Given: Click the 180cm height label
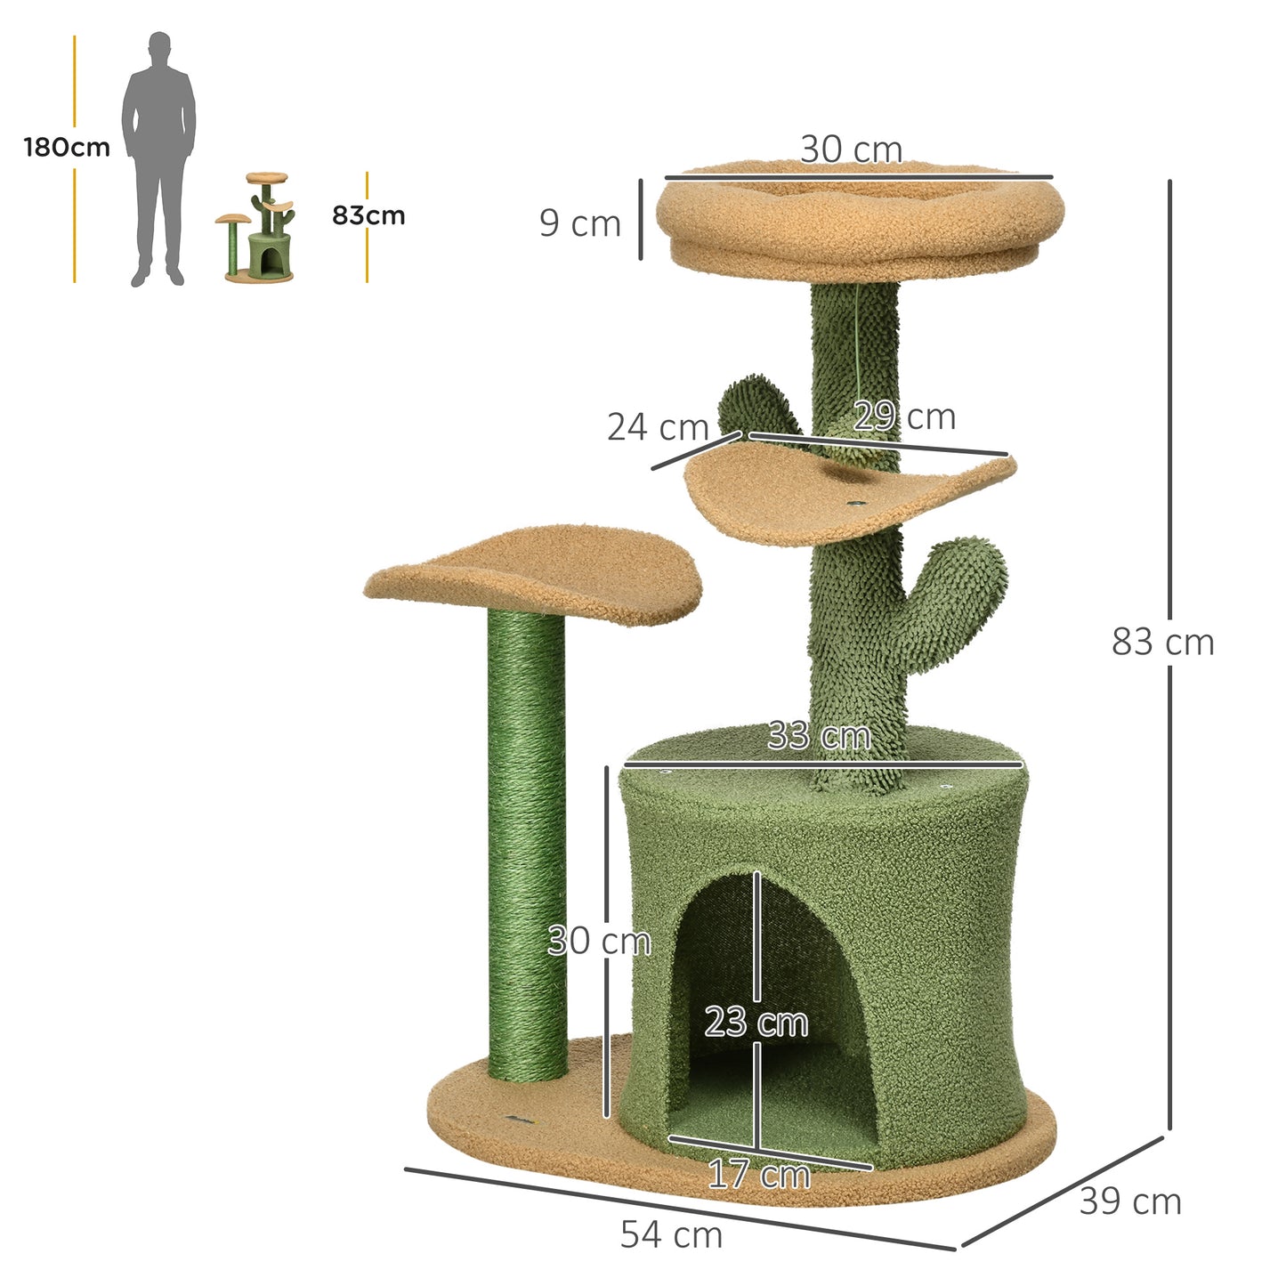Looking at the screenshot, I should (67, 147).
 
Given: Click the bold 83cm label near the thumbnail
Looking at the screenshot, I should (368, 215).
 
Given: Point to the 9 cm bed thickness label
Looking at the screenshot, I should (580, 223).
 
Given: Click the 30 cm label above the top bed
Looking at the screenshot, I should (851, 150).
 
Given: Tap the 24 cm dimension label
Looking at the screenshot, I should (657, 427).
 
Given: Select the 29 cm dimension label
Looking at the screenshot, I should (904, 416).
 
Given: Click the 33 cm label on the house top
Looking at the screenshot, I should (819, 736).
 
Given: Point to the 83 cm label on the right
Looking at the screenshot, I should (1162, 642).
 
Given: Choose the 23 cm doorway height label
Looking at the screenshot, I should (756, 1022).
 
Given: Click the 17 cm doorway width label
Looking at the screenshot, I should (759, 1175).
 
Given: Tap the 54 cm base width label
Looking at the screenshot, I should (671, 1234).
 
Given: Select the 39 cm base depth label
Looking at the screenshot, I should (1130, 1201).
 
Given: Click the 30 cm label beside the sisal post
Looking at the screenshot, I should (599, 941).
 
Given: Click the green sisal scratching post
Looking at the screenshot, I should (527, 845).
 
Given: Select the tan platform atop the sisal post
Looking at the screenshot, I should (534, 570).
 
